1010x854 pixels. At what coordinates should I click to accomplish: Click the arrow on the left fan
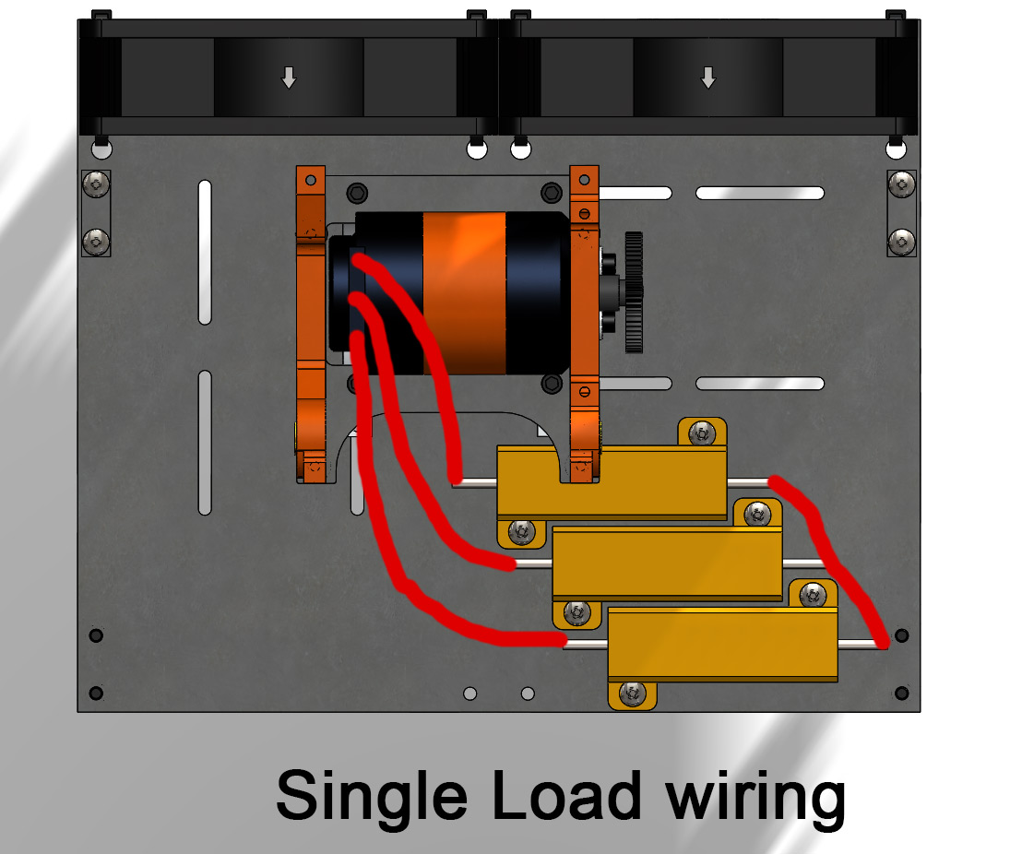289,78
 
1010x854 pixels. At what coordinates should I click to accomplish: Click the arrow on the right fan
707,77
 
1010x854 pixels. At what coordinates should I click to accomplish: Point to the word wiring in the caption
755,798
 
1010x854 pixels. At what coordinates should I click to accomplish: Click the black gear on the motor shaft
633,292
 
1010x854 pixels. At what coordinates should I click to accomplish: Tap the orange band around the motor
464,293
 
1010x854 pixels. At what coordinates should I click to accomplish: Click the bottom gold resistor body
722,644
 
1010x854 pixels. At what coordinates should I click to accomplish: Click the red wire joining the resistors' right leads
830,553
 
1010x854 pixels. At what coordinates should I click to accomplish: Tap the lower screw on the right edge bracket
901,242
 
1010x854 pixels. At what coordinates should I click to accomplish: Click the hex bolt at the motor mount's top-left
358,192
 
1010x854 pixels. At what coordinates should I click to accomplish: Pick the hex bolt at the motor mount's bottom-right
552,382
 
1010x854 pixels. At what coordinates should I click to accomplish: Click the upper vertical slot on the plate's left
205,253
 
